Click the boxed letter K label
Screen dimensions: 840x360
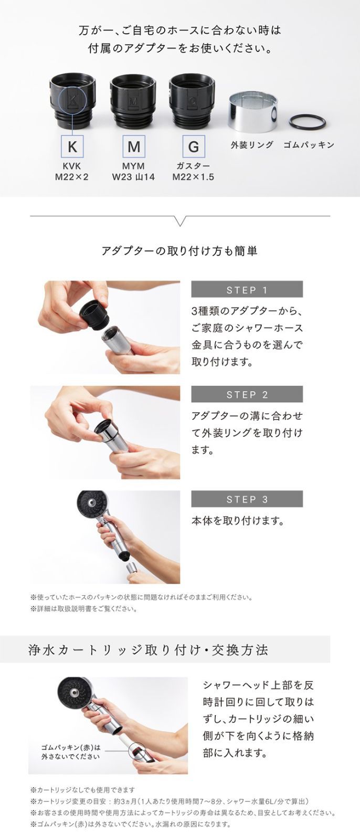click(x=72, y=146)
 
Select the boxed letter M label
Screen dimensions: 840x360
click(x=133, y=146)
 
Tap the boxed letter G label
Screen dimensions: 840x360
click(x=193, y=146)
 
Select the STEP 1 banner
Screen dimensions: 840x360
click(x=247, y=289)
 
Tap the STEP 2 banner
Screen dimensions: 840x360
click(x=247, y=394)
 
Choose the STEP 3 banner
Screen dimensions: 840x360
click(x=247, y=499)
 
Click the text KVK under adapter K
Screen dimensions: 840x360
click(x=72, y=166)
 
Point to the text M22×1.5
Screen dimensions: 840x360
click(x=193, y=177)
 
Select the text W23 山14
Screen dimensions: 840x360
click(x=133, y=177)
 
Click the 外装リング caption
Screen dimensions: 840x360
click(x=252, y=144)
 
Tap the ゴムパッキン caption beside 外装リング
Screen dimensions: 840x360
click(x=309, y=144)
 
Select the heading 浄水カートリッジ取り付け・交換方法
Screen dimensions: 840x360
click(x=149, y=650)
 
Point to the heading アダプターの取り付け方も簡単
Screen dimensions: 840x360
click(x=179, y=251)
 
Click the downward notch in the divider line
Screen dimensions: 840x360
click(x=180, y=222)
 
